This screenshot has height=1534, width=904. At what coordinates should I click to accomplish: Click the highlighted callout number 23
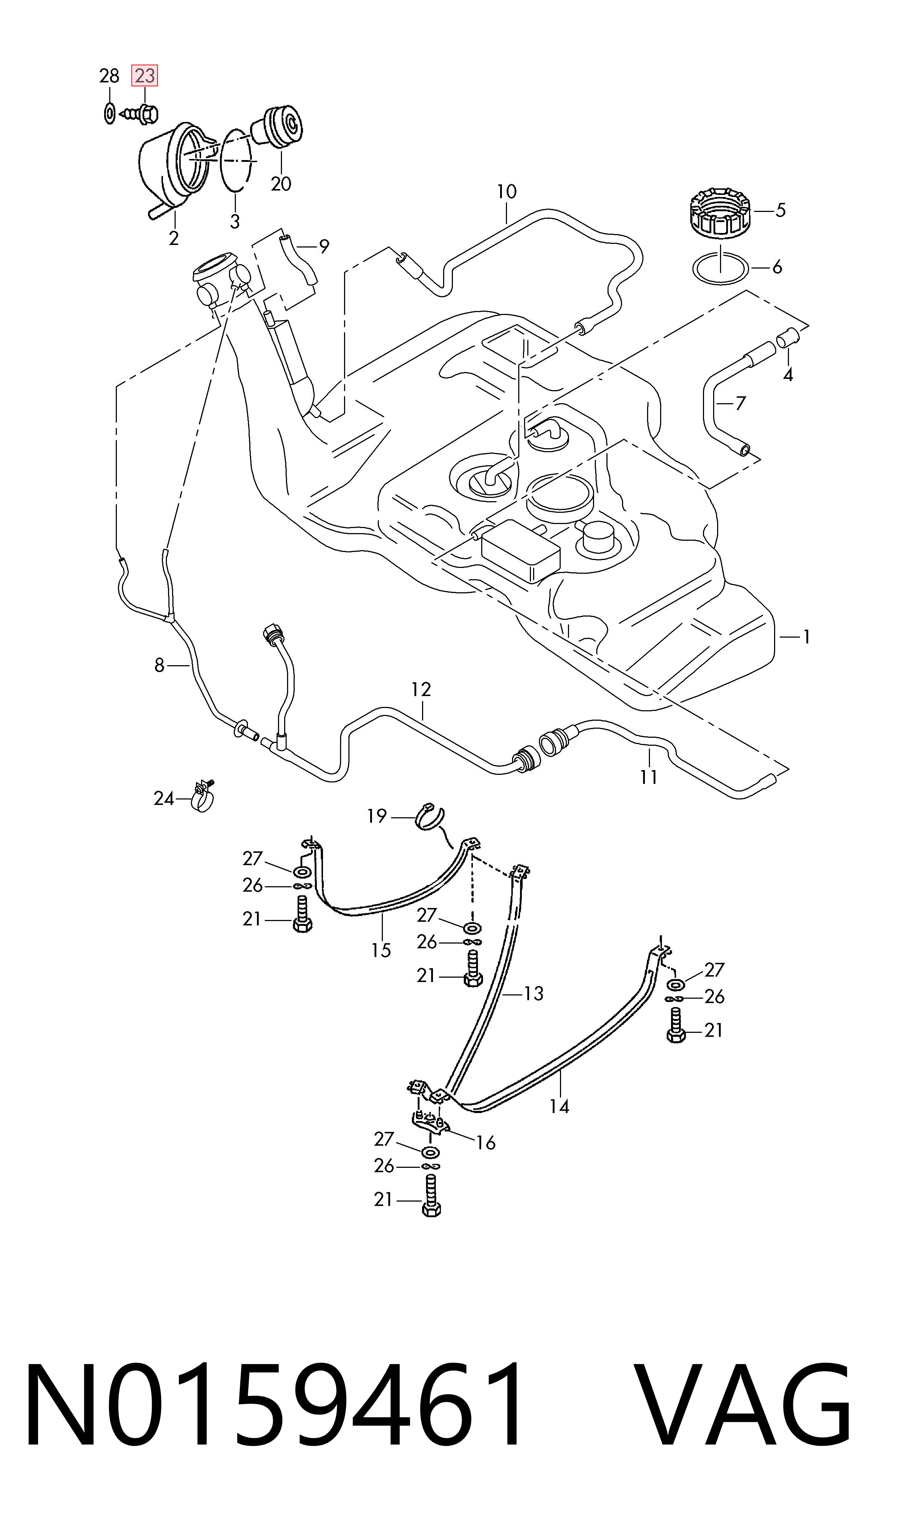145,76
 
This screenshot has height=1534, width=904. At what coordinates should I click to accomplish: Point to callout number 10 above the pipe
506,192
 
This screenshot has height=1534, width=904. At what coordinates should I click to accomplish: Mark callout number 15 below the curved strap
381,950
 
